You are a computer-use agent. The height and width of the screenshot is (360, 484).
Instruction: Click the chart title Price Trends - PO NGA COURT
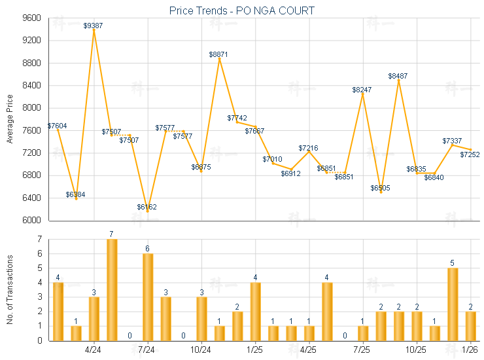[x=241, y=10]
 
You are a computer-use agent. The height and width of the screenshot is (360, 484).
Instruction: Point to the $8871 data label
[x=219, y=54]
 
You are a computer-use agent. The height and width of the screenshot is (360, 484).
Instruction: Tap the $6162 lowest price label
[x=147, y=207]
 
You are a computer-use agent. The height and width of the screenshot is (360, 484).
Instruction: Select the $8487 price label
[x=398, y=76]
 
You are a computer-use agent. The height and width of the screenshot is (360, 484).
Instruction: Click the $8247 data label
[x=362, y=89]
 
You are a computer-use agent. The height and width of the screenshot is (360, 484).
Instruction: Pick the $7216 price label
[x=309, y=148]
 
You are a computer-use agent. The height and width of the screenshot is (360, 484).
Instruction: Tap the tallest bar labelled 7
[x=112, y=289]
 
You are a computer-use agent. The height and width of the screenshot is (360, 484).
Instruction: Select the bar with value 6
[x=148, y=297]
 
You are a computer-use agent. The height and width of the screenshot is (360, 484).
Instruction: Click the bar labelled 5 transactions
[x=453, y=304]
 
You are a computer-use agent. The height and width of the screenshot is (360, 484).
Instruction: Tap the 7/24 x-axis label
[x=147, y=350]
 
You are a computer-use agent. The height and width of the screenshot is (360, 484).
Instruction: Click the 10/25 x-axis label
[x=416, y=350]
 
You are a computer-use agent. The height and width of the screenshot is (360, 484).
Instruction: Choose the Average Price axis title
[x=9, y=119]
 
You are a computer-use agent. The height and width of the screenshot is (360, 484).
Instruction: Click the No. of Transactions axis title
[x=9, y=289]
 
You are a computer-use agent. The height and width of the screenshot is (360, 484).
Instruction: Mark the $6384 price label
[x=75, y=194]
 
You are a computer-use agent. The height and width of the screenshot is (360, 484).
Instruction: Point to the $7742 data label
[x=237, y=118]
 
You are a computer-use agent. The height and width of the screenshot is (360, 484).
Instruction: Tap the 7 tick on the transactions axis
[x=40, y=239]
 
